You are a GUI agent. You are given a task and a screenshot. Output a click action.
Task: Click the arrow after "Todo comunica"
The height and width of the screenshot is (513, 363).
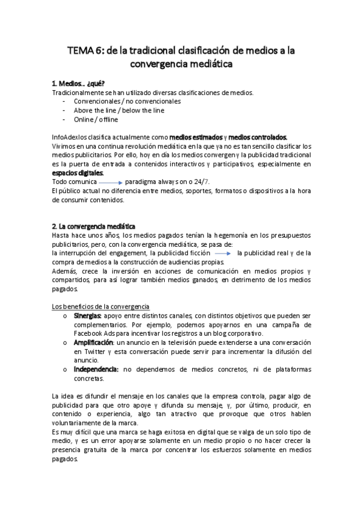tap(110, 182)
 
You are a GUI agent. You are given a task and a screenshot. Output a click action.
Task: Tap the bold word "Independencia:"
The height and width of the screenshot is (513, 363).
tap(96, 369)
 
